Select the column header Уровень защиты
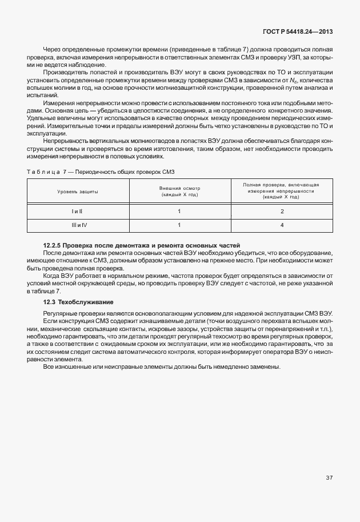[77, 192]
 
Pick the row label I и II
[77, 212]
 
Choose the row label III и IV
[77, 225]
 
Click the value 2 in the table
[281, 212]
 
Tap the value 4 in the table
[281, 225]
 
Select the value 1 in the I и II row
[179, 212]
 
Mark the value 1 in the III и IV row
[179, 225]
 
